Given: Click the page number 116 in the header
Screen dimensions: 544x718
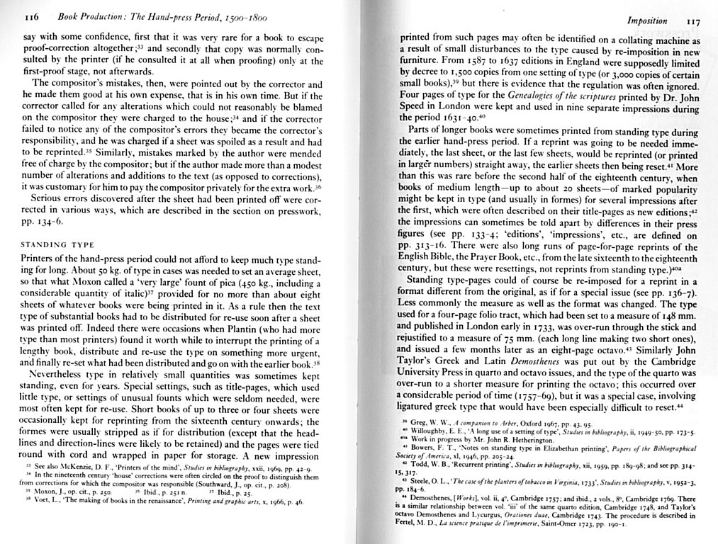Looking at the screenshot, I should point(30,15).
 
